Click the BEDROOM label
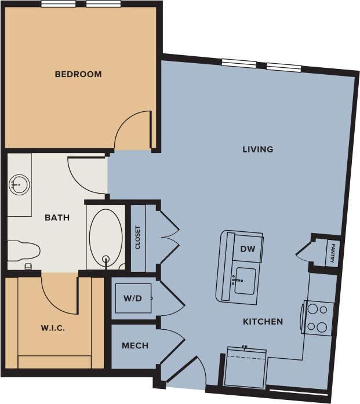click(x=78, y=74)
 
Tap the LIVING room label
click(x=258, y=149)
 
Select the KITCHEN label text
click(x=263, y=321)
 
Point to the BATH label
click(x=57, y=218)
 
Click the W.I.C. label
click(x=53, y=328)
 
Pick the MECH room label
click(x=135, y=345)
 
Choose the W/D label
click(x=132, y=299)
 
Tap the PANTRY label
click(x=332, y=253)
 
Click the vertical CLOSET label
click(x=137, y=237)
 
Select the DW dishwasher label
click(x=248, y=249)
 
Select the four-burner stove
click(x=317, y=318)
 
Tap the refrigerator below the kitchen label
click(x=245, y=367)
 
